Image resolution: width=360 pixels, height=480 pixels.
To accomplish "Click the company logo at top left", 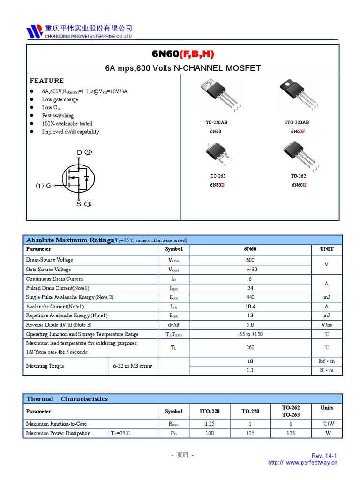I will click(34, 31).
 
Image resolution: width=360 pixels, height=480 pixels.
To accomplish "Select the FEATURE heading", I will click(46, 81).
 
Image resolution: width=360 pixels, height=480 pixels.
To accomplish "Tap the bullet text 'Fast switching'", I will click(58, 115).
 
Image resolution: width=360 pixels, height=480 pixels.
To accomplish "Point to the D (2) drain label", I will click(84, 152).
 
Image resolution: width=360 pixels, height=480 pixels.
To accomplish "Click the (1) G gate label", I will click(44, 186).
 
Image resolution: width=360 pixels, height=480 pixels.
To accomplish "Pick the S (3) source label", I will click(84, 204).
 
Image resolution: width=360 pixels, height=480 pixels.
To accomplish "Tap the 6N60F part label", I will click(298, 131).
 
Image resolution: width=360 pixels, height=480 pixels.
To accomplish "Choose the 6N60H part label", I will click(299, 185).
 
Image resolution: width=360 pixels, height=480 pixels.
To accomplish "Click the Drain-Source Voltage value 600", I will click(250, 260).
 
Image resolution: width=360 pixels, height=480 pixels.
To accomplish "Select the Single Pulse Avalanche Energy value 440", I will click(250, 297).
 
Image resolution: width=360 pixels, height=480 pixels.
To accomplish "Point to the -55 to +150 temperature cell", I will click(250, 334).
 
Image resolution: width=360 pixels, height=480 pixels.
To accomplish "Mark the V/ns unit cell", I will click(326, 325).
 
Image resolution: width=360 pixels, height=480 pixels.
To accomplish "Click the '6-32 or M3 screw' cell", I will click(133, 366).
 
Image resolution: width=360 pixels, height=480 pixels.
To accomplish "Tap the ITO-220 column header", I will click(210, 411).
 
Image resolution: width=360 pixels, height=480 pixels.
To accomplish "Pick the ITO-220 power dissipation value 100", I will click(210, 433).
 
